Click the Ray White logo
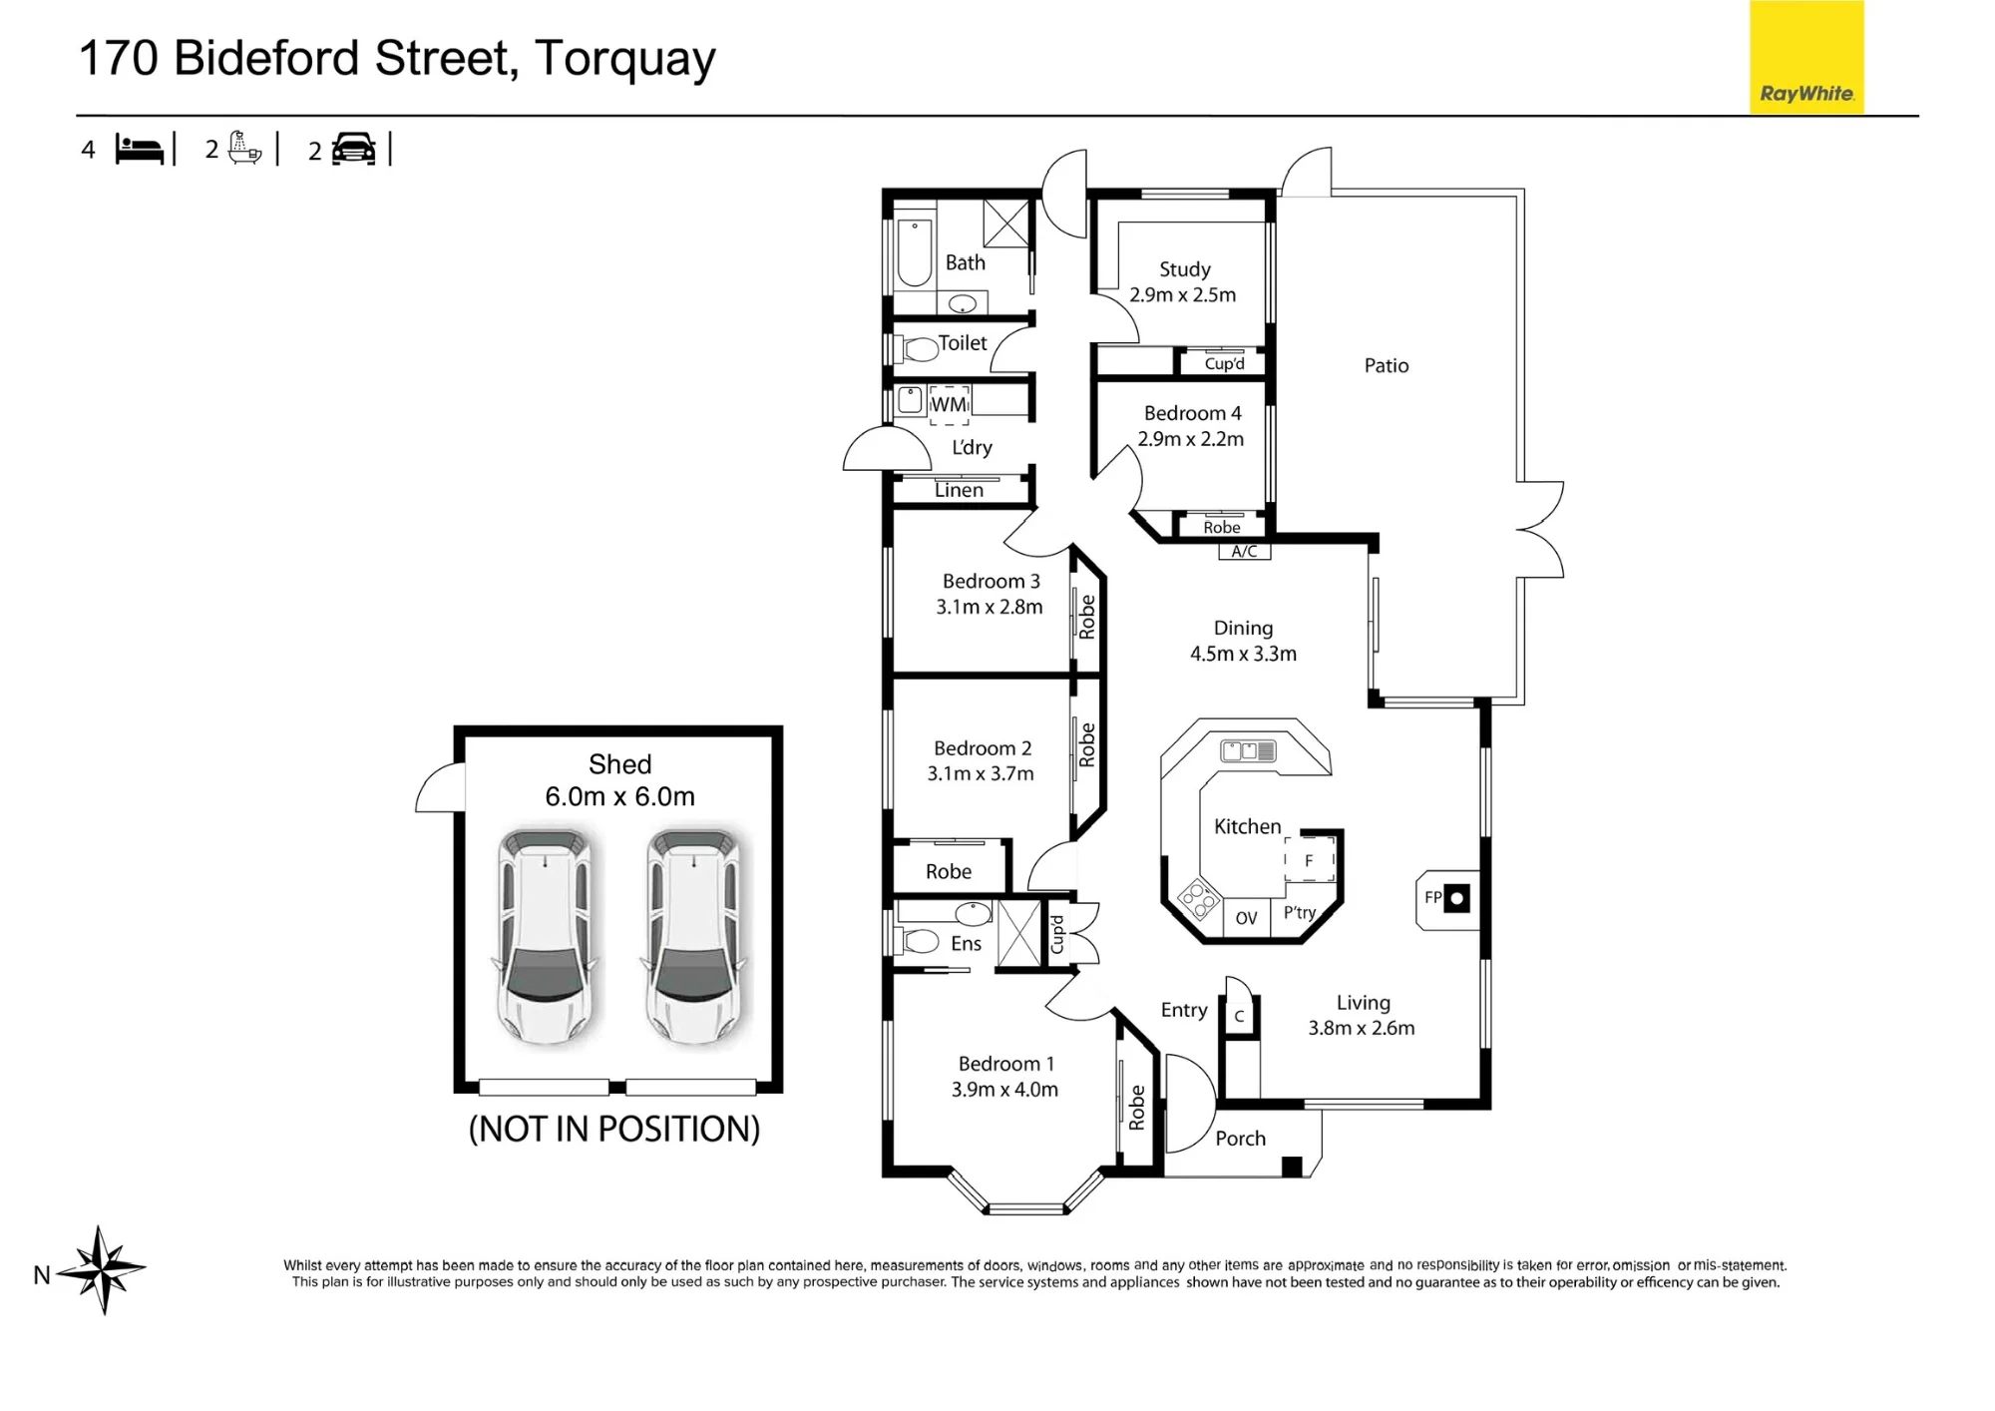pos(1806,57)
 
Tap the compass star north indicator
pos(102,1270)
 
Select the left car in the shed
pos(545,936)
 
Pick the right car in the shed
pos(694,936)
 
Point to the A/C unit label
pos(1244,552)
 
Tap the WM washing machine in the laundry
pos(949,404)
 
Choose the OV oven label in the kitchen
pos(1246,918)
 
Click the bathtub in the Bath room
pos(914,252)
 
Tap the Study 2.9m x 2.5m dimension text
pos(1183,295)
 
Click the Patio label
pos(1387,365)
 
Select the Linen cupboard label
pos(959,490)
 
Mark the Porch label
pos(1240,1139)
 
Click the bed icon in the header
pos(140,149)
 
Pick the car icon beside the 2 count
pos(353,149)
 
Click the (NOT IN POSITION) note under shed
pos(614,1129)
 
